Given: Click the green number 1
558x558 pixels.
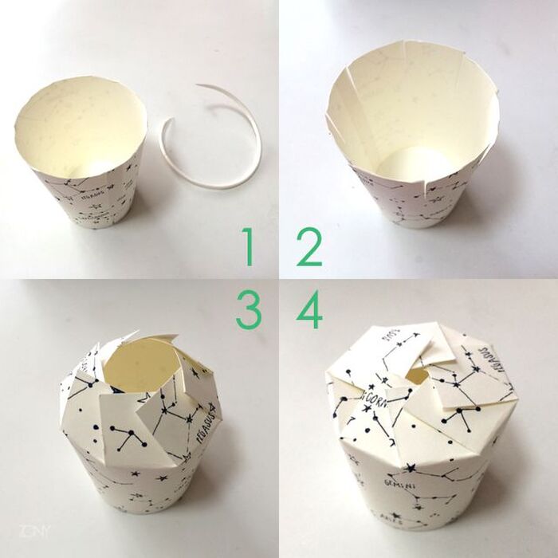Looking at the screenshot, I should (x=249, y=247).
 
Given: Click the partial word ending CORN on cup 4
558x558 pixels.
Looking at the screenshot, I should (x=375, y=397).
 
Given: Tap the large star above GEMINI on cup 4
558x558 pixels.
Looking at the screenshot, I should (x=411, y=466).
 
